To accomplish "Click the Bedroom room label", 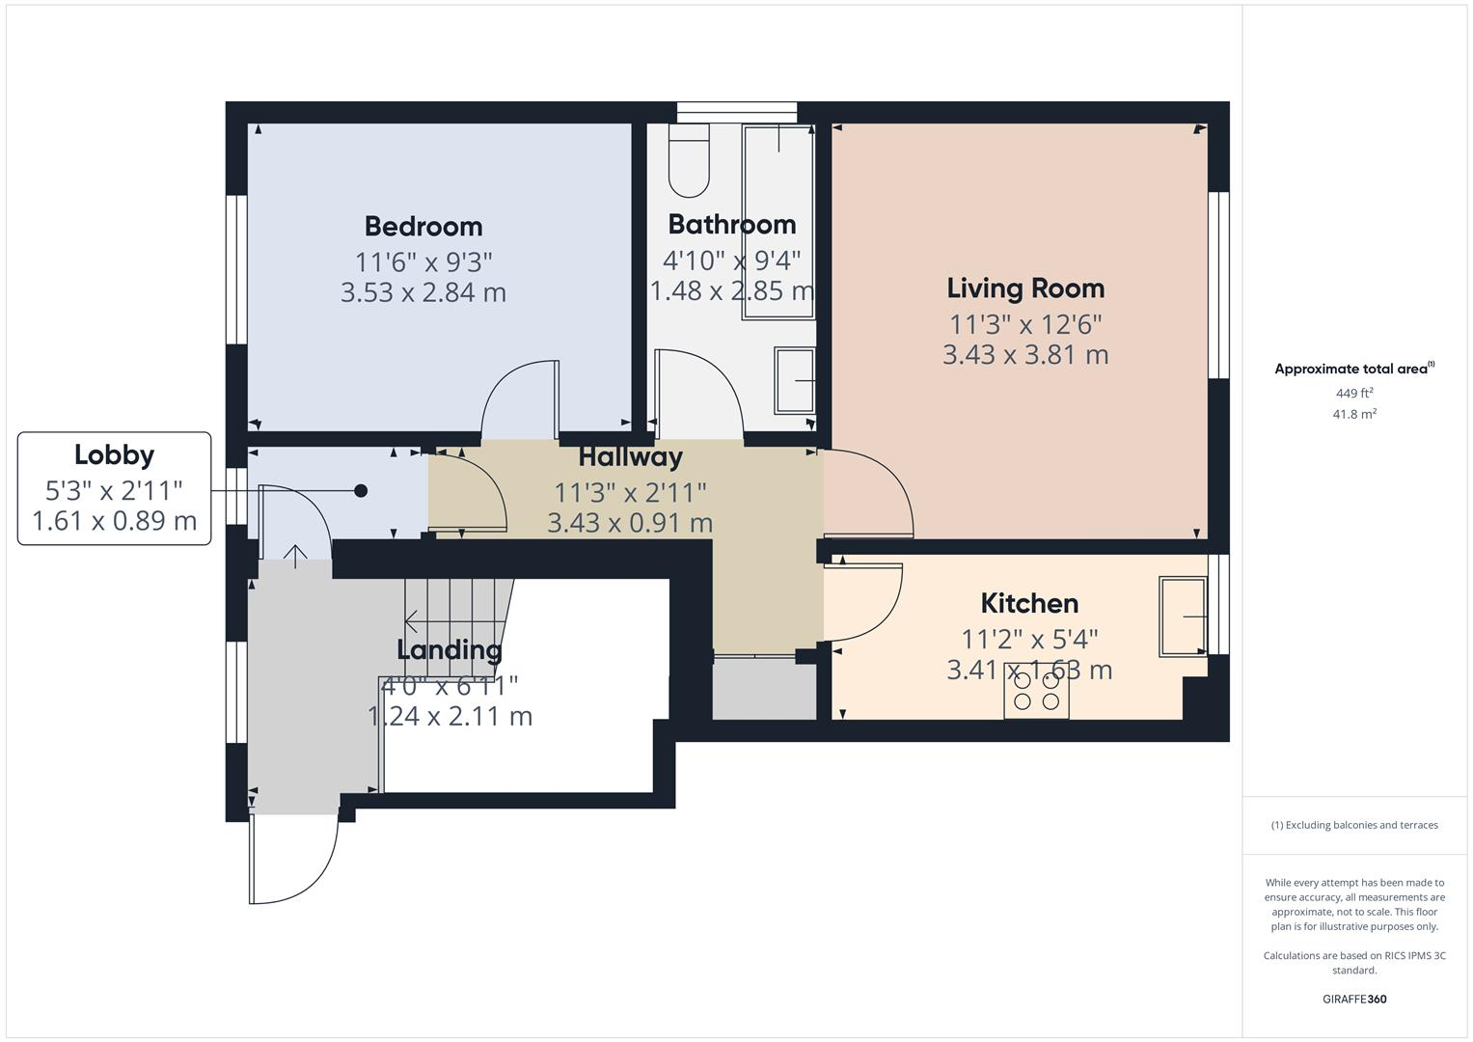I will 423,227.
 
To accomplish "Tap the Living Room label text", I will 1024,288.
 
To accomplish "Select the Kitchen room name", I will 1029,604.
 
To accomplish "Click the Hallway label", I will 630,457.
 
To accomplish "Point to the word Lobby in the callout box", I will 114,455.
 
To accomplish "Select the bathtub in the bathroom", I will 777,222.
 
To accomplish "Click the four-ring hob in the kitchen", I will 1036,691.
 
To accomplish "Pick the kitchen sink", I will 1183,616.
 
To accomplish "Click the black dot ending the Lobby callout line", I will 361,491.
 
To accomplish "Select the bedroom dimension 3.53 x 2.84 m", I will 423,292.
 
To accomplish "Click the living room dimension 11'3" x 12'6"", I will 1024,324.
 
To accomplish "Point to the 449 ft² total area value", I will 1353,394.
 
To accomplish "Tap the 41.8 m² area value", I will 1353,414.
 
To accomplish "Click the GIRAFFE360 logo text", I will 1353,999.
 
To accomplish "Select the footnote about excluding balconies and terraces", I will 1353,825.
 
